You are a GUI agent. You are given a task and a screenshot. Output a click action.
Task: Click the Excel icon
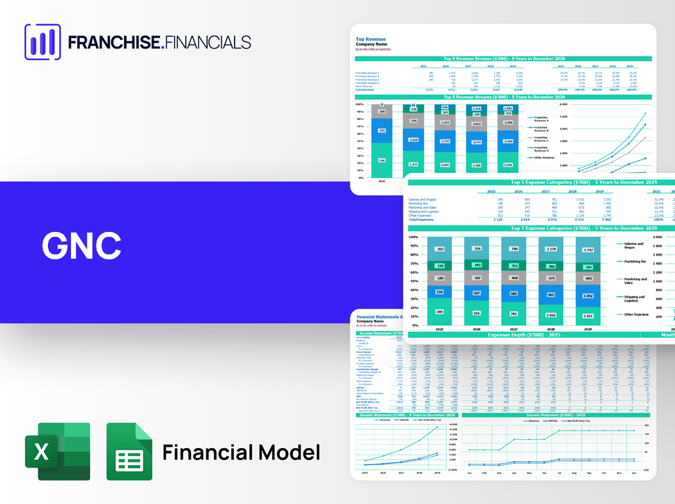58,452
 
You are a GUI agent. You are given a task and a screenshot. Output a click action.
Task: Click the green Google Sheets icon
129,452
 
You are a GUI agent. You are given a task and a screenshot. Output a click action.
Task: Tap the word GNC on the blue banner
81,245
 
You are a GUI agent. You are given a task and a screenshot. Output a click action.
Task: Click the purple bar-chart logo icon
42,42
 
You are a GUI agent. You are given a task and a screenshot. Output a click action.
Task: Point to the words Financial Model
241,452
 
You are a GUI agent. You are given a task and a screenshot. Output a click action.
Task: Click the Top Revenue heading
371,40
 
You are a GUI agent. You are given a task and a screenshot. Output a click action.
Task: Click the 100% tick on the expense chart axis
413,237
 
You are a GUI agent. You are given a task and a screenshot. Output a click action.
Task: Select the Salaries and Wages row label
424,199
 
